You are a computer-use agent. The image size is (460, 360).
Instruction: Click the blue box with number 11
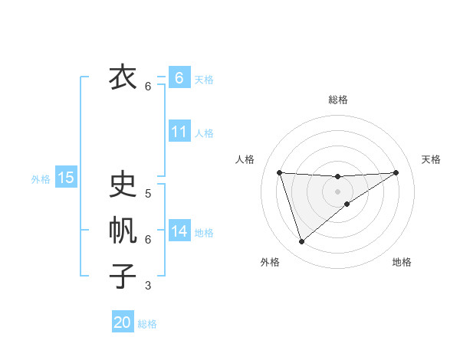click(179, 132)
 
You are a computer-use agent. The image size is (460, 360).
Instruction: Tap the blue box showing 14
click(179, 231)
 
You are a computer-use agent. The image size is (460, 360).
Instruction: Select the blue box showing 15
click(66, 178)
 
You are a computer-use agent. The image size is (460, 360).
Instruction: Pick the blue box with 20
click(123, 322)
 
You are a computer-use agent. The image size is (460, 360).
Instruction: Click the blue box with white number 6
click(179, 78)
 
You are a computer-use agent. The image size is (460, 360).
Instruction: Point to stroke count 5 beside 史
click(148, 194)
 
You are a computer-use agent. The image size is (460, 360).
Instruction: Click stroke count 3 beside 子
click(148, 286)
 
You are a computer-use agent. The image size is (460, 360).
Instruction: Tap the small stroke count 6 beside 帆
click(148, 240)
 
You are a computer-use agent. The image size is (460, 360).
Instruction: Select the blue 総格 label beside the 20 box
click(147, 324)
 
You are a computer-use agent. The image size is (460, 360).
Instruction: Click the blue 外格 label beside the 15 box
click(41, 179)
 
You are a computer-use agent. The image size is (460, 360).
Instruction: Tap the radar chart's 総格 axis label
click(337, 100)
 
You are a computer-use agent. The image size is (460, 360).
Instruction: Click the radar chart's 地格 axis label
click(402, 262)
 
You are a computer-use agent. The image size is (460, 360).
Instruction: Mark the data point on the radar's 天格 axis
click(396, 172)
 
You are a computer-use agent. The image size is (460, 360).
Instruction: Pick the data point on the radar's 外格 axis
click(301, 242)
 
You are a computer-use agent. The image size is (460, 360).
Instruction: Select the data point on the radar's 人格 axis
click(279, 172)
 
